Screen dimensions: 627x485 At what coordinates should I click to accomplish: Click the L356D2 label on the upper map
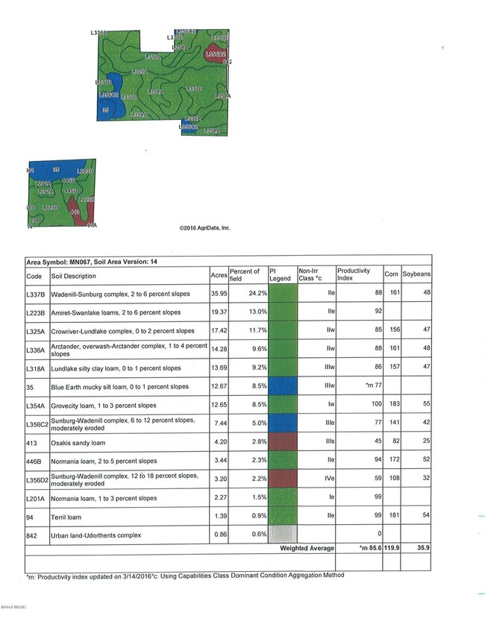pyautogui.click(x=215, y=54)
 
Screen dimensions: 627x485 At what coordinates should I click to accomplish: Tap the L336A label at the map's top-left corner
pyautogui.click(x=98, y=33)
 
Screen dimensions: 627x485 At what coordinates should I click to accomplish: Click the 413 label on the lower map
pyautogui.click(x=75, y=212)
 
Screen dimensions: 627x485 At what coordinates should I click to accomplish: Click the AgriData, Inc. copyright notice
pyautogui.click(x=205, y=228)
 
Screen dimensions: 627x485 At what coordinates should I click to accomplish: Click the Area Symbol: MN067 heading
pyautogui.click(x=91, y=262)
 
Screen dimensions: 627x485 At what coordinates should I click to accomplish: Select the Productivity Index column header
pyautogui.click(x=354, y=274)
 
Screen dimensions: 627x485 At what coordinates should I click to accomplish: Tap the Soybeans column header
pyautogui.click(x=416, y=274)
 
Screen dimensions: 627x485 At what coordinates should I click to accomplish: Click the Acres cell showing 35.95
pyautogui.click(x=218, y=294)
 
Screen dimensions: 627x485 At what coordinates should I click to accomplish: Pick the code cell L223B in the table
pyautogui.click(x=37, y=312)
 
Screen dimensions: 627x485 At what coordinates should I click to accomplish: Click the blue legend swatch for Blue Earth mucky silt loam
pyautogui.click(x=282, y=385)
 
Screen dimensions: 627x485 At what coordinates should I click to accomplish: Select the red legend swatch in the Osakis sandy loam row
pyautogui.click(x=282, y=441)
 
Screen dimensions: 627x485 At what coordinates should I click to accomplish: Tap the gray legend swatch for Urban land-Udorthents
pyautogui.click(x=282, y=535)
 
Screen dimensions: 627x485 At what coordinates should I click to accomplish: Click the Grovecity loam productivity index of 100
pyautogui.click(x=367, y=405)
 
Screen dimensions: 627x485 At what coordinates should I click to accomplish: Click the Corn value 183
pyautogui.click(x=392, y=405)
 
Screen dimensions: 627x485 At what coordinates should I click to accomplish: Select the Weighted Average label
pyautogui.click(x=306, y=548)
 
